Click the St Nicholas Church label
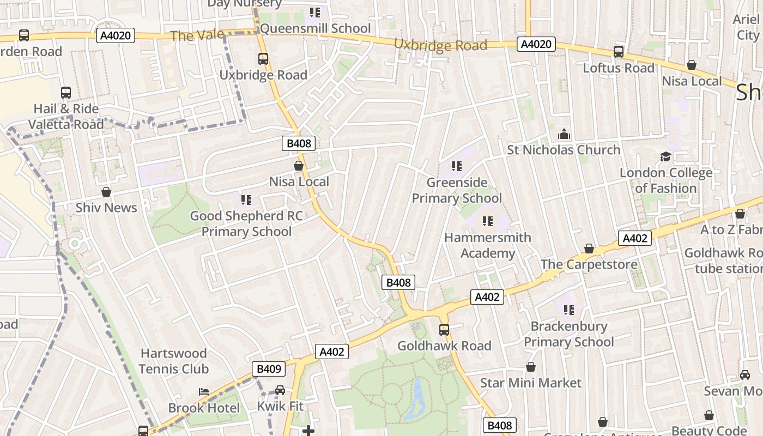coord(564,150)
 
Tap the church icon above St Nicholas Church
coord(564,134)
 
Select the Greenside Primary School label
coord(457,190)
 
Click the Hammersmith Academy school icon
coord(488,221)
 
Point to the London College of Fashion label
coord(665,180)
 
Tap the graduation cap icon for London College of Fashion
coord(665,157)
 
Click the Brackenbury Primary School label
coord(569,334)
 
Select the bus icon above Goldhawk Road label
coord(444,329)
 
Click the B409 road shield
coord(269,369)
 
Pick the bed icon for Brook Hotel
coord(203,392)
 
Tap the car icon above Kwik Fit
coord(280,390)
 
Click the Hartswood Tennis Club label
coord(173,361)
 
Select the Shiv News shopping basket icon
coord(106,192)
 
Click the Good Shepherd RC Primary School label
coord(246,223)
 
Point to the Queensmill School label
coord(315,28)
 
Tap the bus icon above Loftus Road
coord(618,52)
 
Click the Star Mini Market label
coord(530,383)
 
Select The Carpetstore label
coord(589,264)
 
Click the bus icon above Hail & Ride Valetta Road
coord(66,93)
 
